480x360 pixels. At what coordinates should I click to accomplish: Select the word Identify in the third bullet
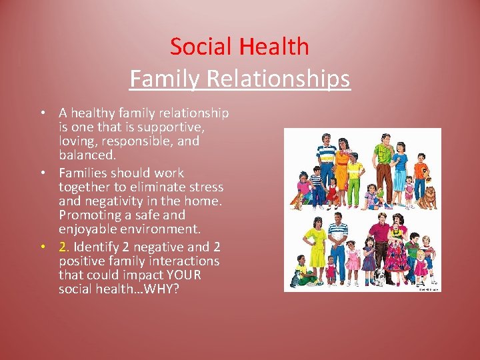97,247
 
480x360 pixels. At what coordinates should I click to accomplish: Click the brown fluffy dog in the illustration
430,195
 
